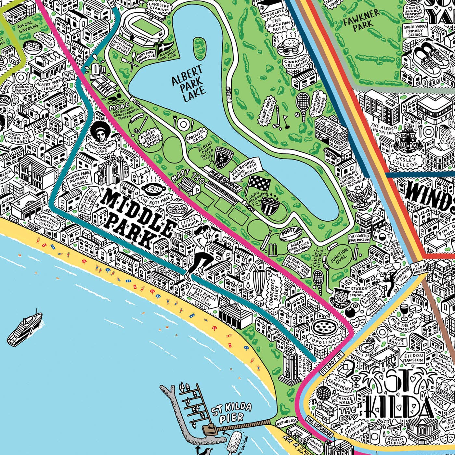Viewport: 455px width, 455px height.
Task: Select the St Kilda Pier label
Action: coord(231,413)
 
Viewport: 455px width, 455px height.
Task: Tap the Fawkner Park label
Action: coord(361,20)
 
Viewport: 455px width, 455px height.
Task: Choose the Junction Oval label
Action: coord(339,256)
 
